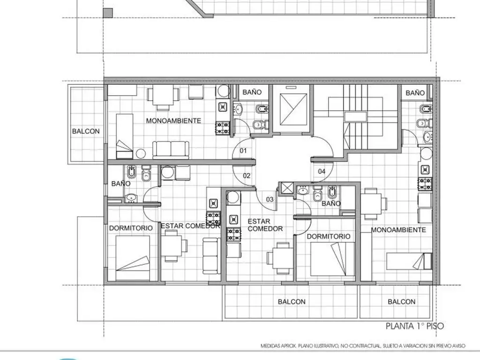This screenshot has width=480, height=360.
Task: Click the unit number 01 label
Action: click(243, 150)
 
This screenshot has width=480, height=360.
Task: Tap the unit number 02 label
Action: click(247, 176)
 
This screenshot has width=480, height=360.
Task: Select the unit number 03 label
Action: click(270, 200)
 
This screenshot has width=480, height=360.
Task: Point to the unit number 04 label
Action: click(322, 172)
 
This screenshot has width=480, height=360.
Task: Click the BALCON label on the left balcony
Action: click(86, 131)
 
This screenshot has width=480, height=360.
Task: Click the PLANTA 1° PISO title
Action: click(415, 326)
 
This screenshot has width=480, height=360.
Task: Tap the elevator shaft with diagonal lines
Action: click(293, 110)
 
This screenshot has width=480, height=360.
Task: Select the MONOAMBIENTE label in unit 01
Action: click(173, 120)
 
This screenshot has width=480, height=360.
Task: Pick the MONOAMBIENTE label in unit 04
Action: click(398, 230)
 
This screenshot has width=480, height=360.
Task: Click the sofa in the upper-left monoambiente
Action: click(171, 150)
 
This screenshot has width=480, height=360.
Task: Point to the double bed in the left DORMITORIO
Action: click(133, 258)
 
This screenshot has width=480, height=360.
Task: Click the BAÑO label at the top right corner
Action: click(415, 93)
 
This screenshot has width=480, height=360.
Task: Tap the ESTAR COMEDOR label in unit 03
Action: click(265, 225)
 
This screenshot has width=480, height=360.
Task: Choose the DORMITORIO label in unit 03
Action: click(329, 236)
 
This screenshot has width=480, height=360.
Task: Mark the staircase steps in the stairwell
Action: click(355, 117)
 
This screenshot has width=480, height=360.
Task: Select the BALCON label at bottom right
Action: click(402, 302)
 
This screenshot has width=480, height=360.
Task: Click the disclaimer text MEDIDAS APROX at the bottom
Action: click(363, 346)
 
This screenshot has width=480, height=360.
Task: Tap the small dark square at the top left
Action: click(108, 13)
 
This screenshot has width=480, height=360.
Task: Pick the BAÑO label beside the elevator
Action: click(252, 92)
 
